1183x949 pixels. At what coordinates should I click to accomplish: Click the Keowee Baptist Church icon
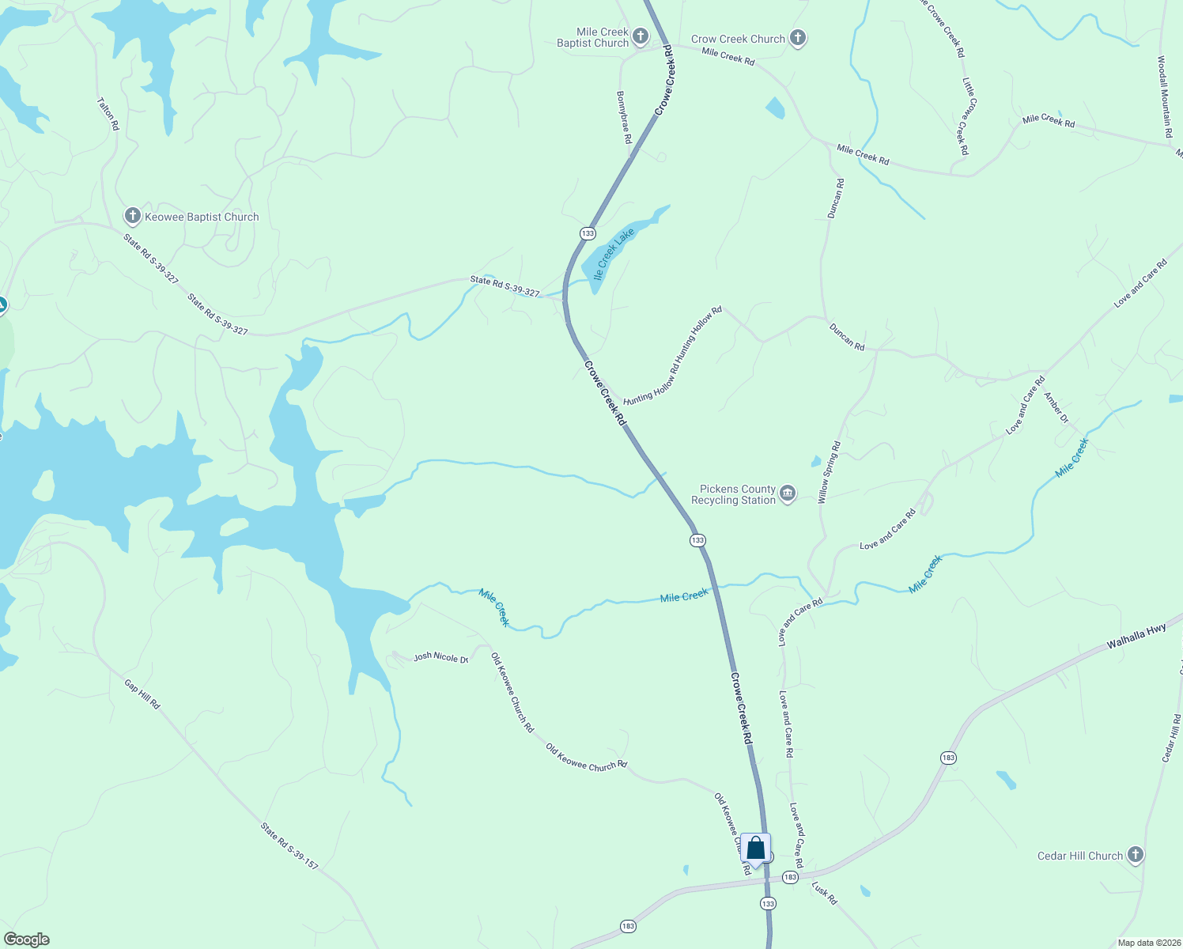click(x=133, y=216)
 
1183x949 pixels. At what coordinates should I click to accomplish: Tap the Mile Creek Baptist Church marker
click(x=641, y=36)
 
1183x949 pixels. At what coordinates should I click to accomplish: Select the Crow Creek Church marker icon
click(x=798, y=38)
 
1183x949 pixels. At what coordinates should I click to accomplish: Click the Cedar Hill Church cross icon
click(x=1135, y=855)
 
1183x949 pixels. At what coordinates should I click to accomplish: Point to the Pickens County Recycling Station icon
click(x=788, y=494)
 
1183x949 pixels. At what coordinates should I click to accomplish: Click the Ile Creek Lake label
click(x=614, y=254)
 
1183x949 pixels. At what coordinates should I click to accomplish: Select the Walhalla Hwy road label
click(x=1136, y=636)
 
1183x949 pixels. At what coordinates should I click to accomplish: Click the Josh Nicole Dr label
click(x=441, y=656)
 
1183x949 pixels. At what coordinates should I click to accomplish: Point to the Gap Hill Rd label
click(x=142, y=694)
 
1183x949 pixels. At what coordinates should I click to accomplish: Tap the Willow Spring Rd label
click(x=829, y=472)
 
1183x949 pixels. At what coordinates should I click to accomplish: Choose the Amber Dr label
click(x=1056, y=408)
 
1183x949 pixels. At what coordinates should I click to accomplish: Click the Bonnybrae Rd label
click(x=624, y=116)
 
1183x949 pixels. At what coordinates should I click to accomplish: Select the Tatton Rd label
click(x=108, y=114)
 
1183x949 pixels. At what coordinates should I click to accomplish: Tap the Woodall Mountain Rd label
click(x=1164, y=96)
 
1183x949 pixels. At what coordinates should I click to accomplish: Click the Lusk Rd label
click(x=824, y=894)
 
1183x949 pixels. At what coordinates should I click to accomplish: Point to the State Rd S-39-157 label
click(x=289, y=846)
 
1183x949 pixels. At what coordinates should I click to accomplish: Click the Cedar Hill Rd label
click(x=1172, y=739)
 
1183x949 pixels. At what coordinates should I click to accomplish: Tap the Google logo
click(x=27, y=939)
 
